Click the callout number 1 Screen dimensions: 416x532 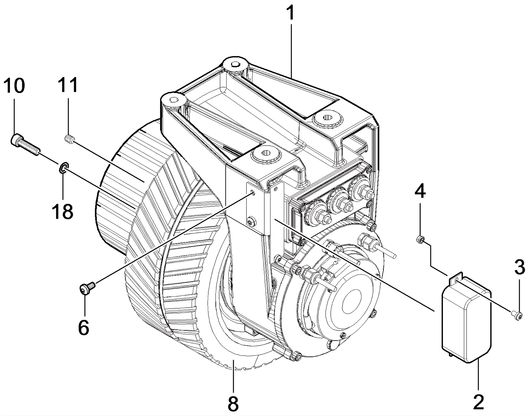(290, 13)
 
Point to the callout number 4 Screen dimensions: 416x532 (420, 192)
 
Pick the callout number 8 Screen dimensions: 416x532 (233, 404)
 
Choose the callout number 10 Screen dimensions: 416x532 (14, 86)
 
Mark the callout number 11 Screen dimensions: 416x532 (68, 85)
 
